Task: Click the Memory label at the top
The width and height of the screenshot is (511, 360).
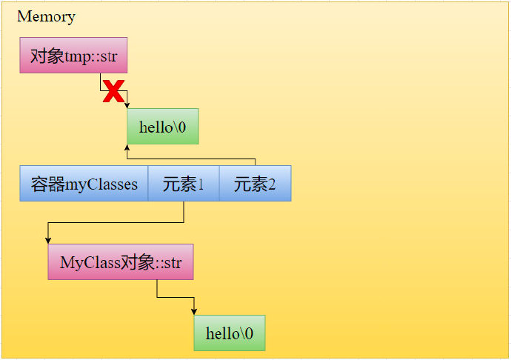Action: click(x=46, y=16)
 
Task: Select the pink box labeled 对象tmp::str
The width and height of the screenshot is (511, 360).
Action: click(x=73, y=56)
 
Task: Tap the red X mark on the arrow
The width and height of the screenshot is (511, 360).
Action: click(x=113, y=92)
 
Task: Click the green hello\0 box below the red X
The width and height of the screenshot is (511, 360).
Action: click(x=163, y=127)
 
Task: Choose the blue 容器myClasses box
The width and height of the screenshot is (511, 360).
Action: click(x=84, y=184)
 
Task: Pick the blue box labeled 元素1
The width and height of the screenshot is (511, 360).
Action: click(x=183, y=184)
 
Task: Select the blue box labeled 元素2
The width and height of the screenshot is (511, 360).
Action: click(x=255, y=184)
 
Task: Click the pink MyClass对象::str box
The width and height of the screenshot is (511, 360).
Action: click(x=121, y=262)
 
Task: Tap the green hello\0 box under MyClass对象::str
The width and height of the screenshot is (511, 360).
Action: click(x=229, y=333)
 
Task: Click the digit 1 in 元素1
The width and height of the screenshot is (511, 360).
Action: click(x=200, y=184)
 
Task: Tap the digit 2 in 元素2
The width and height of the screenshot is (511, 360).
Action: click(x=272, y=184)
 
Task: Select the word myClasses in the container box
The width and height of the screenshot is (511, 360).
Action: click(x=101, y=184)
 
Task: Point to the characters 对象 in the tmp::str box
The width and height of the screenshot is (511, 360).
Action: click(x=47, y=56)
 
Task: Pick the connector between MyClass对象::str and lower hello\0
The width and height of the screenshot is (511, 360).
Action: click(x=175, y=297)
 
